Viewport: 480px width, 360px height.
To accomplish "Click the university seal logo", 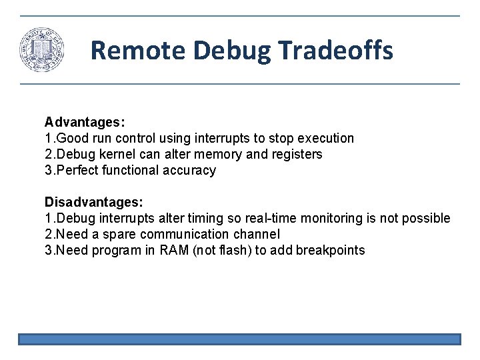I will [42, 50].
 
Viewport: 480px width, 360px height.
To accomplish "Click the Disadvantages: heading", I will [92, 202].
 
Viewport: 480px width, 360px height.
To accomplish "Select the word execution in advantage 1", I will [327, 138].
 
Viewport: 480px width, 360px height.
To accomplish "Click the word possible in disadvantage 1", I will [427, 218].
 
